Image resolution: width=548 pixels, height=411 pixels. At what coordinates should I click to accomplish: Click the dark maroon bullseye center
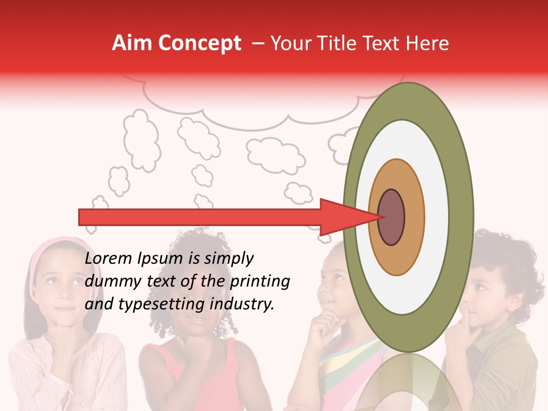coord(391,217)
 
